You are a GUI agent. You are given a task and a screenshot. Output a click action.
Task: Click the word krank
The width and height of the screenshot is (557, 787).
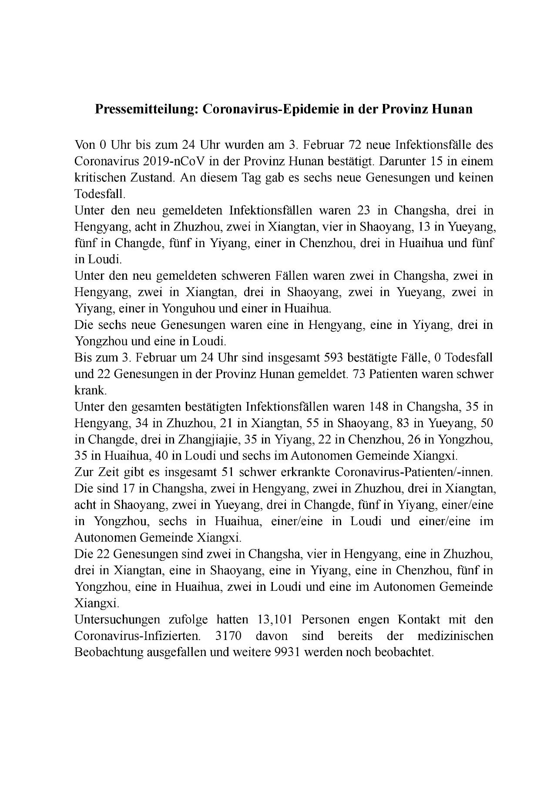[90, 390]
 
